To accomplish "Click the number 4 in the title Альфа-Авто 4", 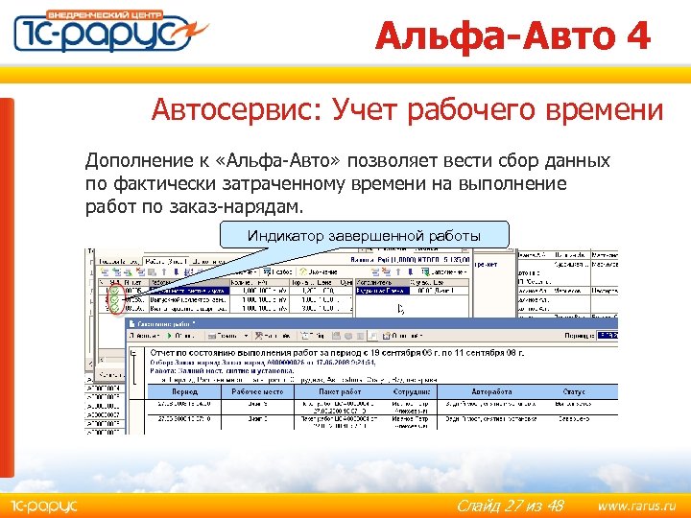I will coord(636,35).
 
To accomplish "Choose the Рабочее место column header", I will coord(260,390).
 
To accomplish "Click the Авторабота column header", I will coord(492,390).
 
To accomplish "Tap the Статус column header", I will coord(573,390).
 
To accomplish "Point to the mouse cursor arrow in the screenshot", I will coord(401,309).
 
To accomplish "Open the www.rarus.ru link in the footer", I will coord(636,505).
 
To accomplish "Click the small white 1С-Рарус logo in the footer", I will coord(44,505).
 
